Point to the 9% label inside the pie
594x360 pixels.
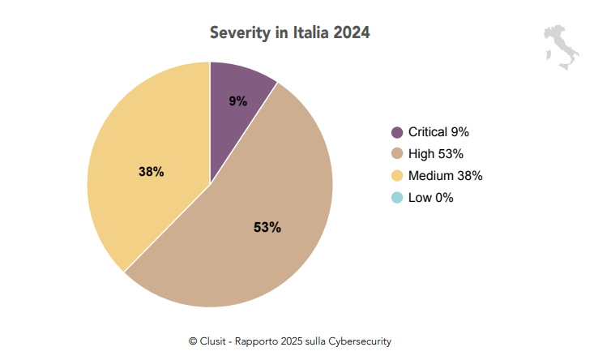coord(237,101)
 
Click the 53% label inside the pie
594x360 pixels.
coord(267,228)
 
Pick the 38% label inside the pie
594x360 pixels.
coord(152,172)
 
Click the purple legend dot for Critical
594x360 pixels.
coord(397,132)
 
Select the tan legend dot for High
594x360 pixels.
coord(397,154)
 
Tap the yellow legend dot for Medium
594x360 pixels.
coord(397,176)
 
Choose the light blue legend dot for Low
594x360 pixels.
coord(397,198)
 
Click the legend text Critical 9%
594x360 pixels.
coord(438,132)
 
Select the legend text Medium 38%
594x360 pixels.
coord(445,176)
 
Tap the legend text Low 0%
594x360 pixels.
coord(430,198)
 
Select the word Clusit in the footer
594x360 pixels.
coord(214,341)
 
